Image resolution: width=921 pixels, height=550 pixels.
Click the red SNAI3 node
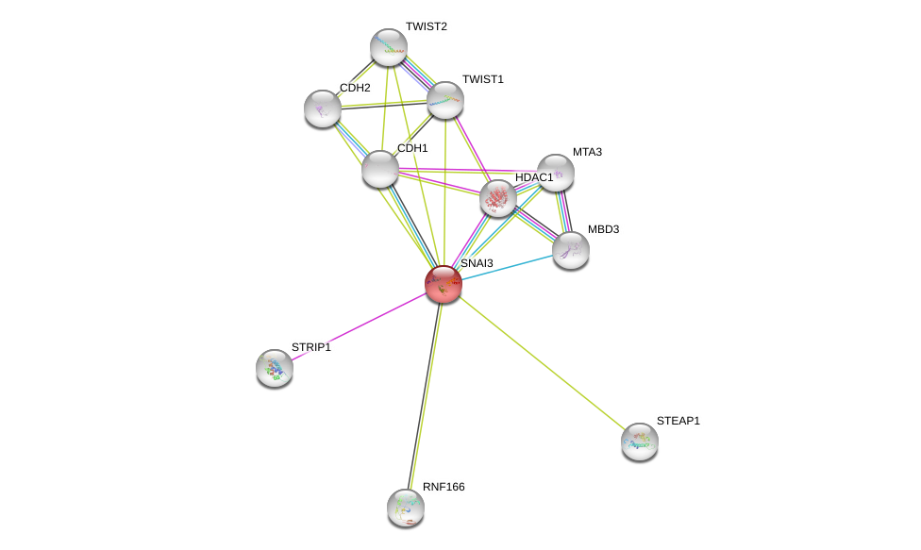[443, 284]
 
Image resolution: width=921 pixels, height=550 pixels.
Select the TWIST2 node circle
[388, 47]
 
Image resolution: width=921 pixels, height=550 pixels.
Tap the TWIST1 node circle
[444, 100]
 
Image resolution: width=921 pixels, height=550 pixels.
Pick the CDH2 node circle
[323, 108]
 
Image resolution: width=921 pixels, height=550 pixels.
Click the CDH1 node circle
[380, 169]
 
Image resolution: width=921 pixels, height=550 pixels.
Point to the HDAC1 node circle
[497, 198]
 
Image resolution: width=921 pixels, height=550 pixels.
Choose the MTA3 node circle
[556, 173]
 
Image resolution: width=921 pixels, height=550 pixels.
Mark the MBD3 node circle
[571, 250]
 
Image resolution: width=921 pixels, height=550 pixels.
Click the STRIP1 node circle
[275, 368]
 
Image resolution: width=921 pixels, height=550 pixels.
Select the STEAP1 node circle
[640, 441]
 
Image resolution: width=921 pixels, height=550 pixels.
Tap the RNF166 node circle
[406, 508]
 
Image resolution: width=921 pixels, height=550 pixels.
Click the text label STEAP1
[678, 421]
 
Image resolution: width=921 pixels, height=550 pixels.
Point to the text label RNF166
[444, 487]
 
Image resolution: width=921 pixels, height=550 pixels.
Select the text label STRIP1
[311, 347]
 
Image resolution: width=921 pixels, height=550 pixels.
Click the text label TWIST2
[427, 26]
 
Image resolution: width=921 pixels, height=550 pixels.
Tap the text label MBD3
[603, 229]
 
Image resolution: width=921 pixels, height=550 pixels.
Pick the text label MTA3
[587, 152]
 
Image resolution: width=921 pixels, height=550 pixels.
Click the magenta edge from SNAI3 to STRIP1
[359, 326]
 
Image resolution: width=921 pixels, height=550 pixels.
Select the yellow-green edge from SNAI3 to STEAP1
[542, 362]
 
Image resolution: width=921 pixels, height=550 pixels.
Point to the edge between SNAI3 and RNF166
[425, 396]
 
